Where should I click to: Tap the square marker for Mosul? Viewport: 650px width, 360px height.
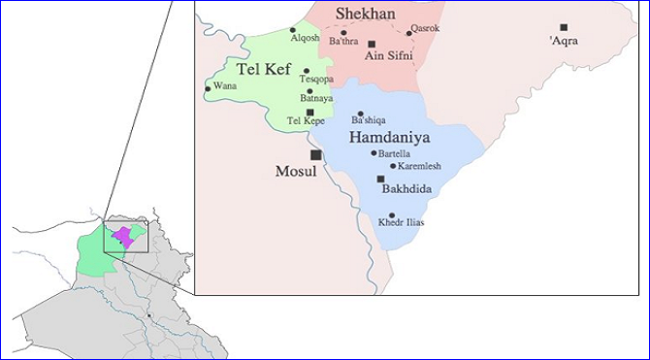[x=314, y=154]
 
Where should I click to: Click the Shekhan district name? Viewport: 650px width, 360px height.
[x=365, y=13]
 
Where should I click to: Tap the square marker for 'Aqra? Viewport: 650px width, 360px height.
[x=564, y=27]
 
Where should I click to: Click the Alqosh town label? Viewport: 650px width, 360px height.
[x=305, y=38]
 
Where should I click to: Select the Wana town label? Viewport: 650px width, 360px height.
[x=224, y=85]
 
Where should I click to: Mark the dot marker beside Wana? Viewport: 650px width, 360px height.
[x=208, y=89]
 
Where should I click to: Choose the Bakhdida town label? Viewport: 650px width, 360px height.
[x=407, y=190]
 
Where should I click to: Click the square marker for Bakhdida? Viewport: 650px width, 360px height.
[x=381, y=179]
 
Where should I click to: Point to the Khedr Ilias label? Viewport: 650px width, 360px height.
[x=402, y=222]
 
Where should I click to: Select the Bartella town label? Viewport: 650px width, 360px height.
[x=398, y=153]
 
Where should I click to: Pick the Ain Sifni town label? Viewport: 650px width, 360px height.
[x=389, y=56]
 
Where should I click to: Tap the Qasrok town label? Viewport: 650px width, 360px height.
[x=425, y=28]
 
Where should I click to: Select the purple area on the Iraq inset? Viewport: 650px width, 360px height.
[x=123, y=236]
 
